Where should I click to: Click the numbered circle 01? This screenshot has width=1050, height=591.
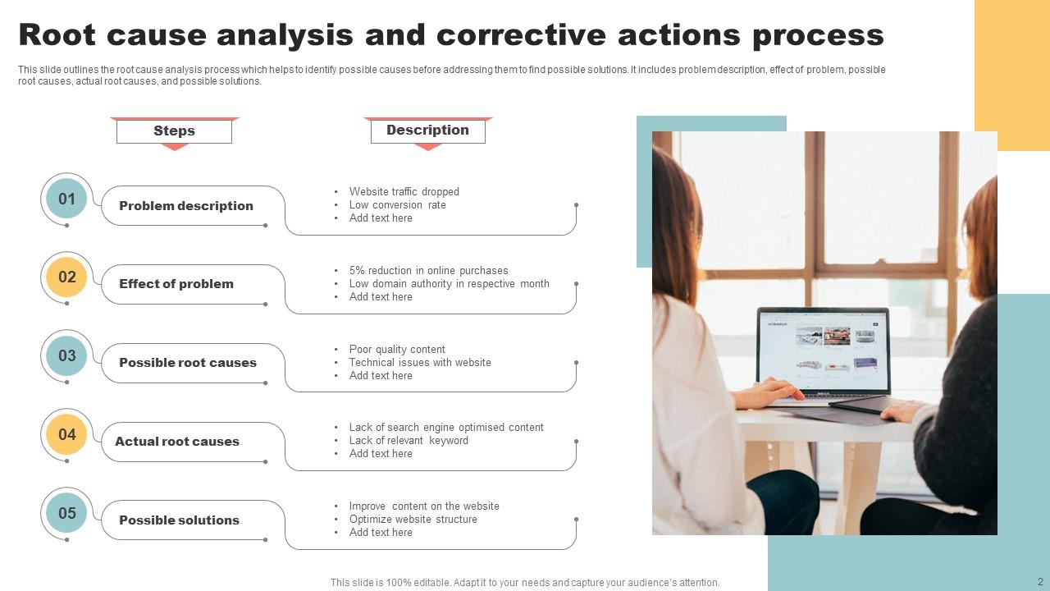[x=66, y=199]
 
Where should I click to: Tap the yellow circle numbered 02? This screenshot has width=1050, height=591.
[x=66, y=277]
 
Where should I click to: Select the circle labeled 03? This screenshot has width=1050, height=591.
[x=66, y=355]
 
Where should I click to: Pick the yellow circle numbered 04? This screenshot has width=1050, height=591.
[x=66, y=434]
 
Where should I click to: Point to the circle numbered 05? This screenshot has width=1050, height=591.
[x=66, y=513]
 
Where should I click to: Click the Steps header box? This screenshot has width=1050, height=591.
[x=174, y=131]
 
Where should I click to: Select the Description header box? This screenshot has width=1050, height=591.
[x=427, y=131]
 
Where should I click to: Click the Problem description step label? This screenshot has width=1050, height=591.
[x=186, y=206]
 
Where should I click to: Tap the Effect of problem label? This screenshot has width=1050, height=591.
[x=176, y=284]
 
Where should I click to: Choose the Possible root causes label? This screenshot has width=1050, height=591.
[x=188, y=363]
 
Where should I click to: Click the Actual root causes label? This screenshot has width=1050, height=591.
[x=177, y=442]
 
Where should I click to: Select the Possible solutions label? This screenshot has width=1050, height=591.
[x=179, y=520]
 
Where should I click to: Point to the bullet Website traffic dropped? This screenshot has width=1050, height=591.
[x=404, y=191]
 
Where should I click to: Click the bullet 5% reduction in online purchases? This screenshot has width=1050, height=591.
[x=428, y=270]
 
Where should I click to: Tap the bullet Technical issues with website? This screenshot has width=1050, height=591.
[x=420, y=362]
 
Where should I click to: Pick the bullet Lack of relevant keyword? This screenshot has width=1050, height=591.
[x=409, y=440]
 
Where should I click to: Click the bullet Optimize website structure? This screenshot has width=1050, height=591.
[x=413, y=519]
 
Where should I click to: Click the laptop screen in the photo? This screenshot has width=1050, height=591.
[x=824, y=349]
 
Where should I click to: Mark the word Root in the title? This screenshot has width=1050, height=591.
[x=57, y=35]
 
